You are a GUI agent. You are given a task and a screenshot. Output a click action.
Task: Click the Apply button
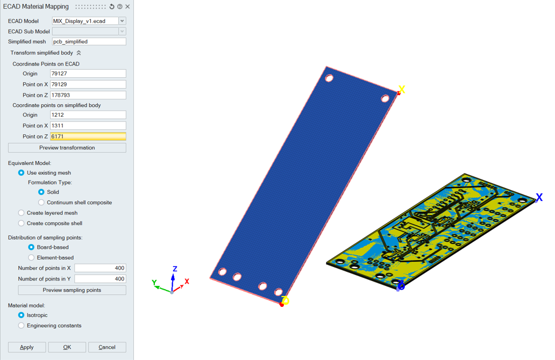pos(27,347)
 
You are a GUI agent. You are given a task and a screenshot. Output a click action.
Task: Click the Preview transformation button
pos(67,148)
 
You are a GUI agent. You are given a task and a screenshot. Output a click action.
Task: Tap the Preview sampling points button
pos(72,290)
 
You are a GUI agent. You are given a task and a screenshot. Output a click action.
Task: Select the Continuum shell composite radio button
pos(41,203)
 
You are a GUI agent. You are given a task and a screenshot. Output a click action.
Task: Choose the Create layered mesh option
pos(21,213)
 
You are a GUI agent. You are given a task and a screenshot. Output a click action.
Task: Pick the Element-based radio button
pos(31,257)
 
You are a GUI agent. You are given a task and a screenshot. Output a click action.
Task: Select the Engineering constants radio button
pos(21,326)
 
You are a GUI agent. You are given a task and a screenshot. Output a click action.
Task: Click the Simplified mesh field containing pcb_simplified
pos(89,42)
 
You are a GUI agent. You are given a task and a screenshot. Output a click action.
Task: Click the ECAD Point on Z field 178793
pos(88,95)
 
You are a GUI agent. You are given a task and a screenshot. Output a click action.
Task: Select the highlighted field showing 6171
pos(88,136)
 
